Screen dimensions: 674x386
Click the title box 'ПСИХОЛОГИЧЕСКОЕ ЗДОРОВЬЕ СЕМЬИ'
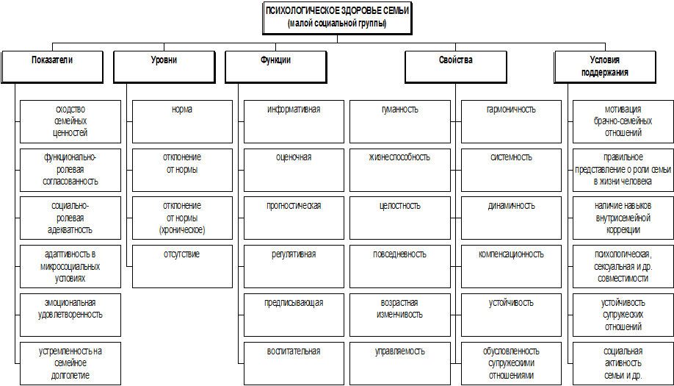[337, 18]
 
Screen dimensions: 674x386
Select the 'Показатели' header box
[52, 67]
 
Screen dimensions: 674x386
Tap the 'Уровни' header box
[164, 67]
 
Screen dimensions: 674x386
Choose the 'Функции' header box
[276, 67]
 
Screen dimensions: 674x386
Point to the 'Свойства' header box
[456, 67]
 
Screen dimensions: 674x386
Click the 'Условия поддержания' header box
[605, 67]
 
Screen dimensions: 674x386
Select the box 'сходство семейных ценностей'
[70, 122]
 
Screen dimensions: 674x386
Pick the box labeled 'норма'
[182, 122]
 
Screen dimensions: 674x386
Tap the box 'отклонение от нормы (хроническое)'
[182, 218]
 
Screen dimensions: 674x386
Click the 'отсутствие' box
[182, 266]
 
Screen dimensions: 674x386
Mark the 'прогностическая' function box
[294, 218]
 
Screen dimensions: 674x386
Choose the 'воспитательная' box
[294, 364]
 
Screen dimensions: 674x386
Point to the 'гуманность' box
[399, 122]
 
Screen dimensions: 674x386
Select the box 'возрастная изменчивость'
[399, 315]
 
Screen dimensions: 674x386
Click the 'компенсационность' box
[511, 266]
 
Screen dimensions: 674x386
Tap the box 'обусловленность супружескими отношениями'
[511, 364]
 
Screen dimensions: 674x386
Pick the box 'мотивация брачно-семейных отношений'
[623, 122]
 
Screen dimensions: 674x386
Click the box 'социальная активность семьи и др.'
[623, 364]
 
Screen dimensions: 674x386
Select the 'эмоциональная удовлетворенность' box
[70, 315]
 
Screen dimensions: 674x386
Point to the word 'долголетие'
[70, 375]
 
